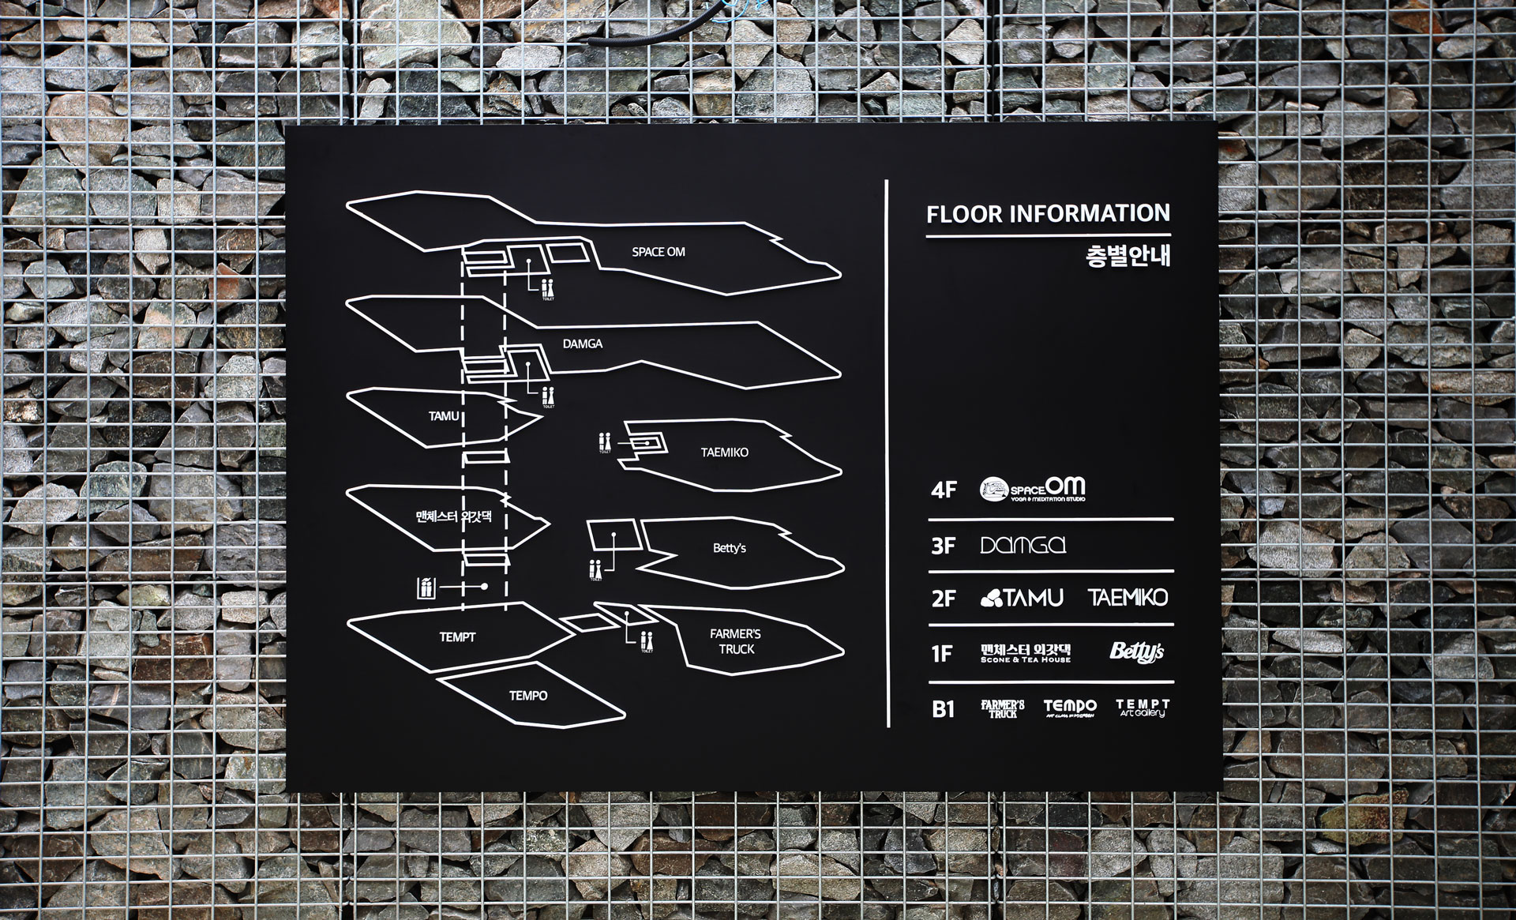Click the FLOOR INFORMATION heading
1048,214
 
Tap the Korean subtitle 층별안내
1128,257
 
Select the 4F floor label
944,490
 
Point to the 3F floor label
944,546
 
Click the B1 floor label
944,709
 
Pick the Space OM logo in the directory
1033,490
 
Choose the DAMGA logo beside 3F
1023,545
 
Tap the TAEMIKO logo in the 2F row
1128,598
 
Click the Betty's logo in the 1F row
1136,652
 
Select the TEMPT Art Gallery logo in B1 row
1143,708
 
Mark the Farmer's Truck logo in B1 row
1003,708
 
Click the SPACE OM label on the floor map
658,252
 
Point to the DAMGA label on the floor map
583,344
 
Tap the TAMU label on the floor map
444,416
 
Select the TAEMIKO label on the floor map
724,452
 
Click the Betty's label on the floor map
729,548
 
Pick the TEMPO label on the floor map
528,696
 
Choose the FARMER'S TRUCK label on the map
736,641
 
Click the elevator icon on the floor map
426,588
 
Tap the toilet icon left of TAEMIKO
605,442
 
